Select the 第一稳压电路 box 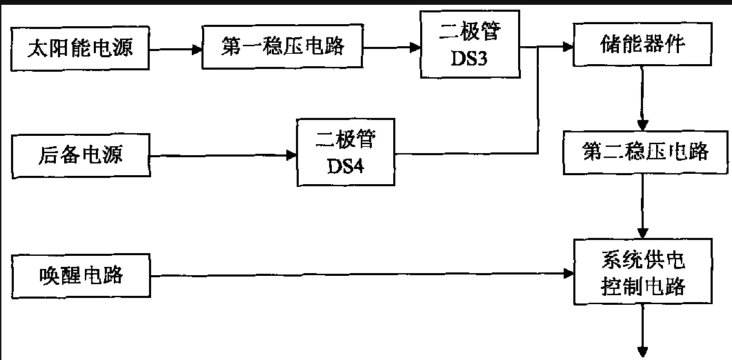coord(281,48)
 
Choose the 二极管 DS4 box coord(345,152)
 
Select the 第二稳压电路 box coord(645,151)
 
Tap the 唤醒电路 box coord(80,275)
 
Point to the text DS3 coord(469,60)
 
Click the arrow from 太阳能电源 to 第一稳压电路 coord(175,50)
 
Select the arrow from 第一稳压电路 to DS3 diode coord(392,48)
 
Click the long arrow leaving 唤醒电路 coord(359,275)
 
